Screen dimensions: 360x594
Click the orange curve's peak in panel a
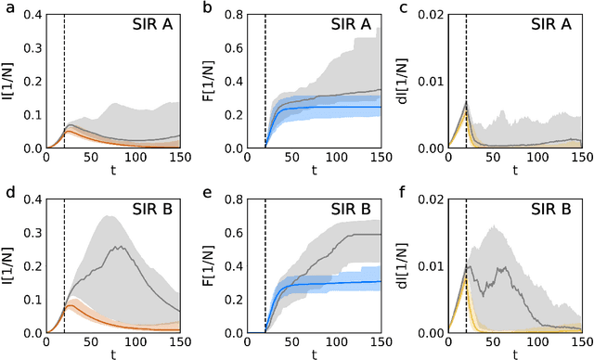coord(67,132)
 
